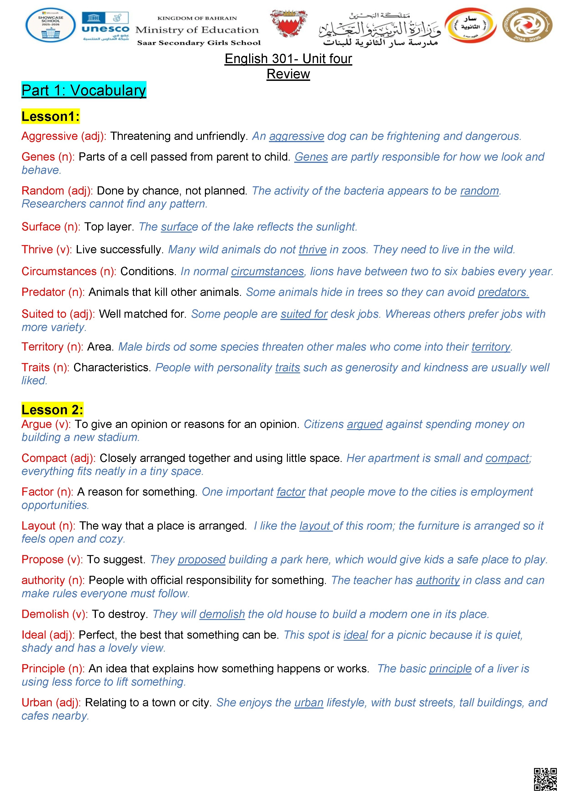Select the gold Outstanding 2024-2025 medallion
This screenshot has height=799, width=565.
point(527,26)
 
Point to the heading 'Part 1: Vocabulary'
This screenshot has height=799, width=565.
point(84,90)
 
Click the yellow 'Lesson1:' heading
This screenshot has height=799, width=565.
point(51,116)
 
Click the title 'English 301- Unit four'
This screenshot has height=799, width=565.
point(288,59)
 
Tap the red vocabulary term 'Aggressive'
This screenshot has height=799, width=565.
point(49,136)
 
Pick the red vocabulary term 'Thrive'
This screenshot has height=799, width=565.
point(37,249)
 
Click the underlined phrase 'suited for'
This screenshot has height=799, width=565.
point(304,314)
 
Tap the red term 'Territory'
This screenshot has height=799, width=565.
point(42,347)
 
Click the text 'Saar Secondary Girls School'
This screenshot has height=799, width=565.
point(199,43)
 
